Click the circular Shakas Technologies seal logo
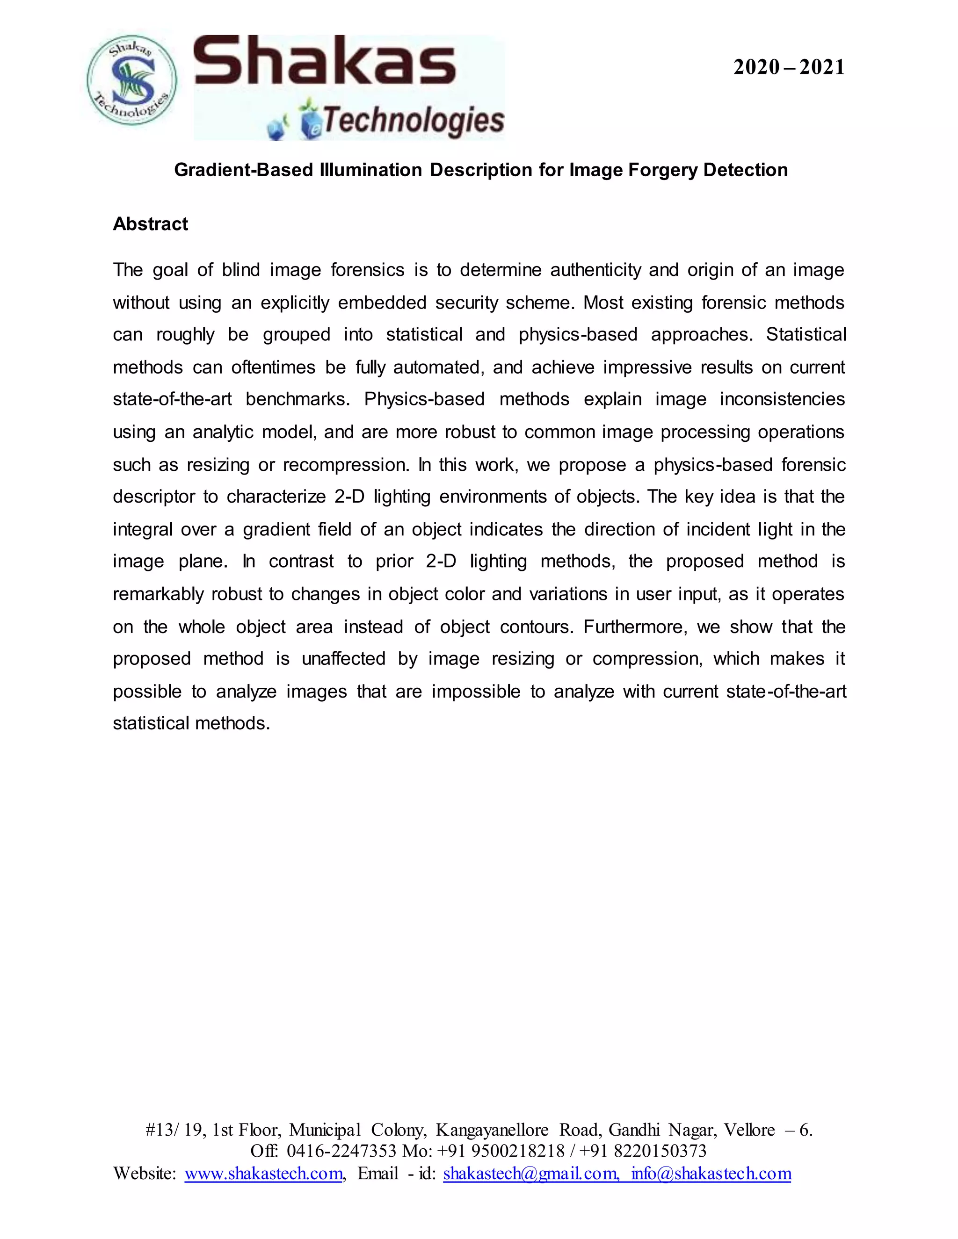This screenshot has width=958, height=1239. tap(131, 80)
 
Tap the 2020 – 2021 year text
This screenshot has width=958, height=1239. tap(788, 67)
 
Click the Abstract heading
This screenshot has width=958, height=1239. tap(151, 224)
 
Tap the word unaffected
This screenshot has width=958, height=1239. tap(343, 659)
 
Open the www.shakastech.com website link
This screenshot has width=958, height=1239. tap(264, 1173)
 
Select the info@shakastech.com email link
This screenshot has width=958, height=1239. tap(711, 1173)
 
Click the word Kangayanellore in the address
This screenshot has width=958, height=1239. tap(492, 1130)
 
